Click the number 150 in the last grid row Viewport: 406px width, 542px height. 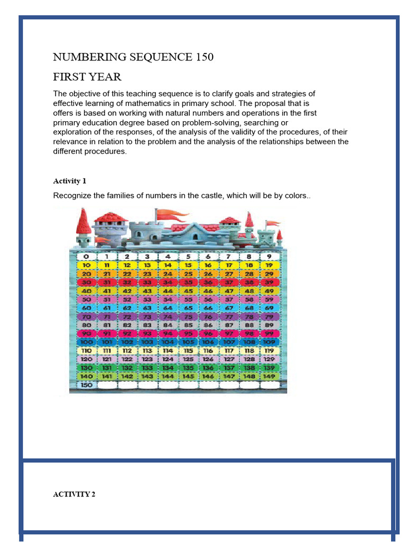pos(86,385)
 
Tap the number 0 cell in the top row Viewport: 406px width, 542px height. pos(86,256)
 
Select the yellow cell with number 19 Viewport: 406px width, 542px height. pos(269,265)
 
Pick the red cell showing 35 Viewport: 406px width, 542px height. pos(188,282)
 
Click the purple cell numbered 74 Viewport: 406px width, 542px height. pos(168,317)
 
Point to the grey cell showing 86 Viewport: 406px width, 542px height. pos(208,325)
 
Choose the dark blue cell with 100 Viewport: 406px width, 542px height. pos(86,342)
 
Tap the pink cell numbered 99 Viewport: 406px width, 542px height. pos(269,333)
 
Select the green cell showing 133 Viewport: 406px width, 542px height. pos(147,368)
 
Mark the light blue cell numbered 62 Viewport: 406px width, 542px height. pos(127,308)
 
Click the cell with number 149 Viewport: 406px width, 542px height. pos(269,376)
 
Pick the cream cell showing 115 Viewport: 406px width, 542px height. pos(188,350)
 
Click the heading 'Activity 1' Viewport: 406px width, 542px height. pos(73,181)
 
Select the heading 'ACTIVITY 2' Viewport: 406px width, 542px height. pos(74,494)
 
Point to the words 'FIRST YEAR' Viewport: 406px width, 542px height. pos(87,77)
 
